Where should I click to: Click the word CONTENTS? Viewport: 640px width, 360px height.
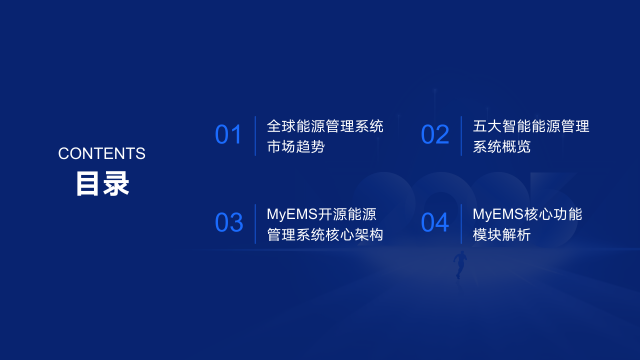(x=102, y=154)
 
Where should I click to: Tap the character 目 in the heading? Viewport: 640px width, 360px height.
(x=88, y=185)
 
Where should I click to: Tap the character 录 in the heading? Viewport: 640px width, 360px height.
(x=116, y=185)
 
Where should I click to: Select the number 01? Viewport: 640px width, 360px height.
(x=229, y=135)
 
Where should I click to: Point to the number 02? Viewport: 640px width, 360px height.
(x=435, y=135)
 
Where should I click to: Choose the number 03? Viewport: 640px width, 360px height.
(x=229, y=223)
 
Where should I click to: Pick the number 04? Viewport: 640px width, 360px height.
(x=435, y=223)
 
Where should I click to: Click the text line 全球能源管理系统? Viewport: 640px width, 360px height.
(x=325, y=127)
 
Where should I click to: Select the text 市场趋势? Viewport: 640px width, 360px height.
(x=296, y=147)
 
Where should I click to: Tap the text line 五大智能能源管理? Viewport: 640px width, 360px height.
(x=531, y=127)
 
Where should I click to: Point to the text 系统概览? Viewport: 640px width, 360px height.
(x=502, y=147)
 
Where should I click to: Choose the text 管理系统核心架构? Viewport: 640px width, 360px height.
(x=325, y=235)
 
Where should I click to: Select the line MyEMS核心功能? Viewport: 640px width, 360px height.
(x=527, y=214)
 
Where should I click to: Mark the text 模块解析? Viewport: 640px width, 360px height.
(x=502, y=235)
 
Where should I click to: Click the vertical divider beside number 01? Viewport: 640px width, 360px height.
(x=255, y=135)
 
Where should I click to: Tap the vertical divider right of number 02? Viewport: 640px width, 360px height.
(x=461, y=135)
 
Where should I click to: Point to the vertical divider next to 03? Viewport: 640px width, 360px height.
(x=255, y=223)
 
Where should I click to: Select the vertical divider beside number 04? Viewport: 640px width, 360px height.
(x=461, y=223)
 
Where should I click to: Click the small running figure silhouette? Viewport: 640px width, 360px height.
(x=459, y=263)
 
